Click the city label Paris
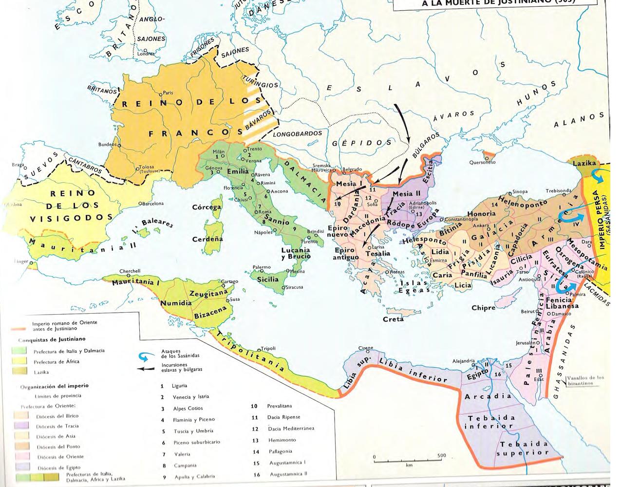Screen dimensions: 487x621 point(168,93)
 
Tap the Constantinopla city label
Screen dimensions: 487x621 point(464,220)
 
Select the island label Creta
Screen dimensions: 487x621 point(393,319)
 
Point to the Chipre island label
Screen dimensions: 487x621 point(483,308)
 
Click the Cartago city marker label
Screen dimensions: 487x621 point(229,281)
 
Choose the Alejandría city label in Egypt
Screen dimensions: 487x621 point(463,361)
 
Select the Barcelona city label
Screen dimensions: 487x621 point(152,204)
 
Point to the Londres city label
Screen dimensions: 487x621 point(146,54)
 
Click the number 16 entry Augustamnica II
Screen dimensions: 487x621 point(288,474)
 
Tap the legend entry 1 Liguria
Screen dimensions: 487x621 point(179,386)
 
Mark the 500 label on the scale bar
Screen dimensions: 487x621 point(441,456)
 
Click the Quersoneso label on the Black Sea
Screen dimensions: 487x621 point(482,162)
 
